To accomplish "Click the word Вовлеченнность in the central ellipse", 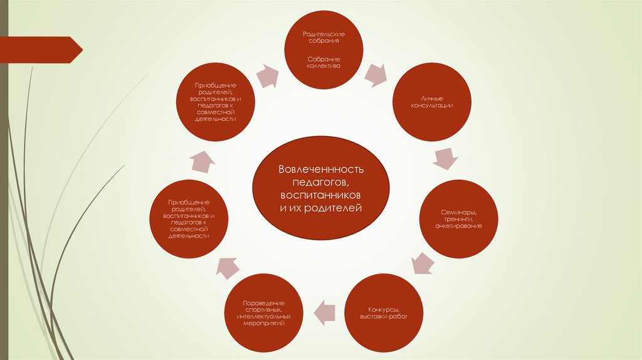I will [x=321, y=170].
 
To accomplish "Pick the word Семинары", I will [x=458, y=212].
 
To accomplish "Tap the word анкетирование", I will [x=458, y=226].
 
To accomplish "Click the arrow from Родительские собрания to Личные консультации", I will [x=376, y=74].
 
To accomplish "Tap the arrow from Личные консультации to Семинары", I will [x=445, y=158].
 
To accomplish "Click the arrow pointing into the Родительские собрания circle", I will [x=267, y=75].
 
